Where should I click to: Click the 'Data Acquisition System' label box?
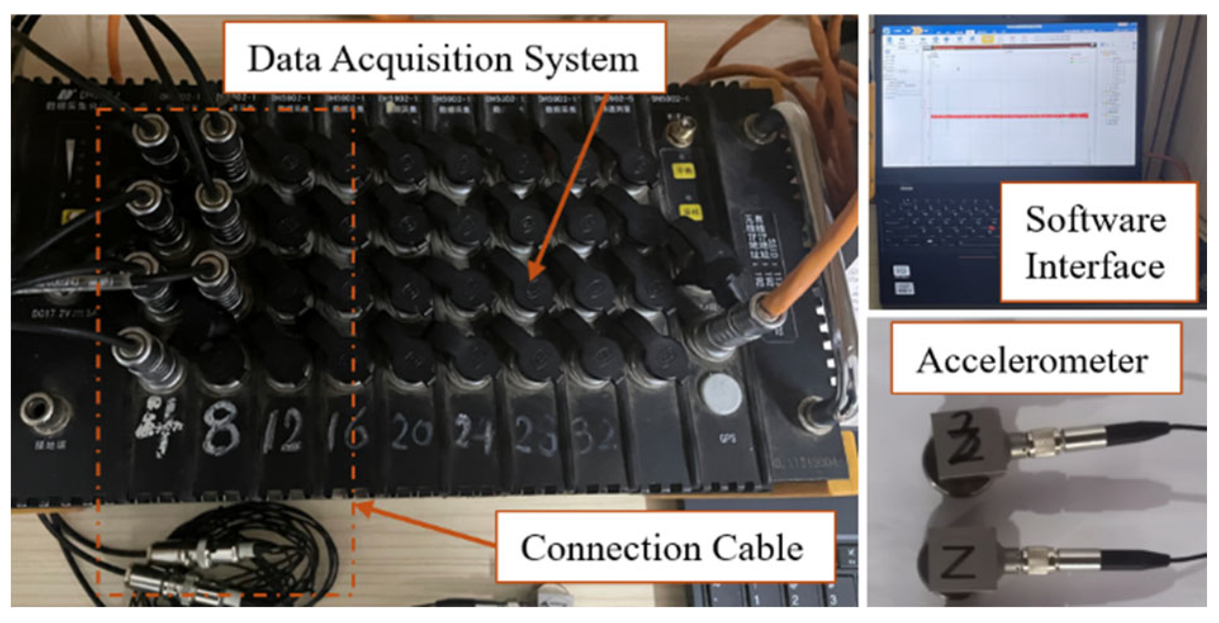443,58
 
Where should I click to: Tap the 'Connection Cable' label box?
663,548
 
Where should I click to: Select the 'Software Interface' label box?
1097,242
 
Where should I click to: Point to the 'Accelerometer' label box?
1035,360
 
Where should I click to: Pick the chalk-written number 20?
411,433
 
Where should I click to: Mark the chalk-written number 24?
474,434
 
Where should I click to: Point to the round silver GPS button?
723,394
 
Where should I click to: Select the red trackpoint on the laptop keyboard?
991,228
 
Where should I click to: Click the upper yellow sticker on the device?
682,171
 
